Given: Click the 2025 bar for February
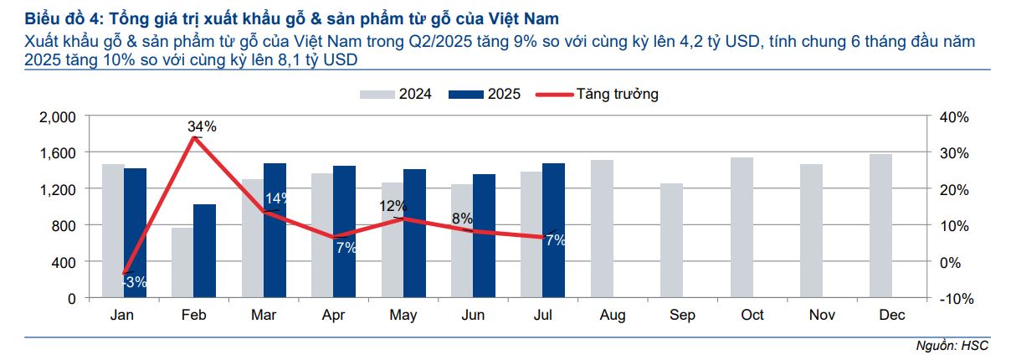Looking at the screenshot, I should click(x=204, y=250).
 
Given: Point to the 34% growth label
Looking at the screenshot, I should click(x=202, y=126).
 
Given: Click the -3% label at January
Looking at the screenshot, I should click(x=134, y=282).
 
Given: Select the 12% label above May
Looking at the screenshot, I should click(x=393, y=205).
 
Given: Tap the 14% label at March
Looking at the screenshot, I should click(x=276, y=198).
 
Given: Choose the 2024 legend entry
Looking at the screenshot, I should click(x=396, y=94).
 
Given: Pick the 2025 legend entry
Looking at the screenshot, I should click(x=486, y=94).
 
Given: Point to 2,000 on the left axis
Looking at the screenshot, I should click(x=58, y=117).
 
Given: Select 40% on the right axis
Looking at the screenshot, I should click(x=952, y=117).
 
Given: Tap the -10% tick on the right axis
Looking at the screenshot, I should click(x=952, y=298).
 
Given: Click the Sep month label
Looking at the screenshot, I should click(x=682, y=315).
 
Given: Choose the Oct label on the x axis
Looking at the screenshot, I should click(x=752, y=315).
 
